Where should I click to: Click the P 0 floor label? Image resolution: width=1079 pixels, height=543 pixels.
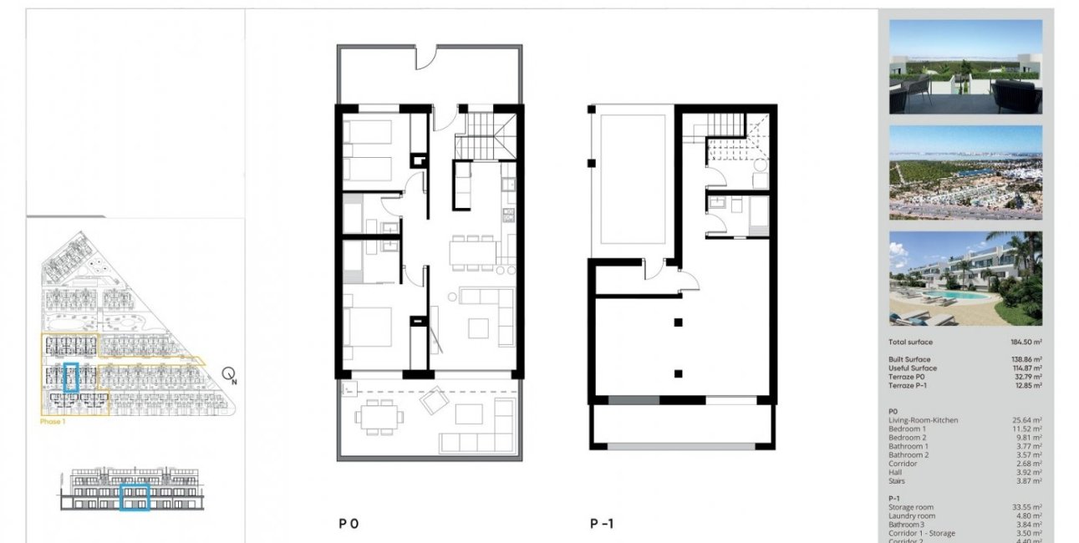pyautogui.click(x=349, y=524)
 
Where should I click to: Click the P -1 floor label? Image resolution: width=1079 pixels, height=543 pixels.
pyautogui.click(x=602, y=524)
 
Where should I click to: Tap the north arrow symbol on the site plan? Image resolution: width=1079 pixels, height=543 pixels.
pyautogui.click(x=229, y=376)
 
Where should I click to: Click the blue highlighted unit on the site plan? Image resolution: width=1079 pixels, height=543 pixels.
pyautogui.click(x=72, y=378)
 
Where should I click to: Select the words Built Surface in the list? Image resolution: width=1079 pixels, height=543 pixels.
pyautogui.click(x=909, y=359)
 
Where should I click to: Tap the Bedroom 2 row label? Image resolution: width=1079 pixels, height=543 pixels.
pyautogui.click(x=907, y=438)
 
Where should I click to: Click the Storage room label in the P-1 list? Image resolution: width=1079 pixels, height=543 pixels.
pyautogui.click(x=911, y=507)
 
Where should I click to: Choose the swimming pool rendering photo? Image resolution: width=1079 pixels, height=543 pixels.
pyautogui.click(x=965, y=278)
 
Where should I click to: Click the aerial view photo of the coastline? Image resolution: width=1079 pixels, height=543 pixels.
pyautogui.click(x=965, y=173)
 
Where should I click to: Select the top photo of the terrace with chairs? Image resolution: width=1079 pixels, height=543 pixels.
pyautogui.click(x=965, y=67)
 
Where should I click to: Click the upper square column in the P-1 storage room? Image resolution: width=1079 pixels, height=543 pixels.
pyautogui.click(x=679, y=322)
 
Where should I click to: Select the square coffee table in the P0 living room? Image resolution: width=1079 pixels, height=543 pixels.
pyautogui.click(x=478, y=328)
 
